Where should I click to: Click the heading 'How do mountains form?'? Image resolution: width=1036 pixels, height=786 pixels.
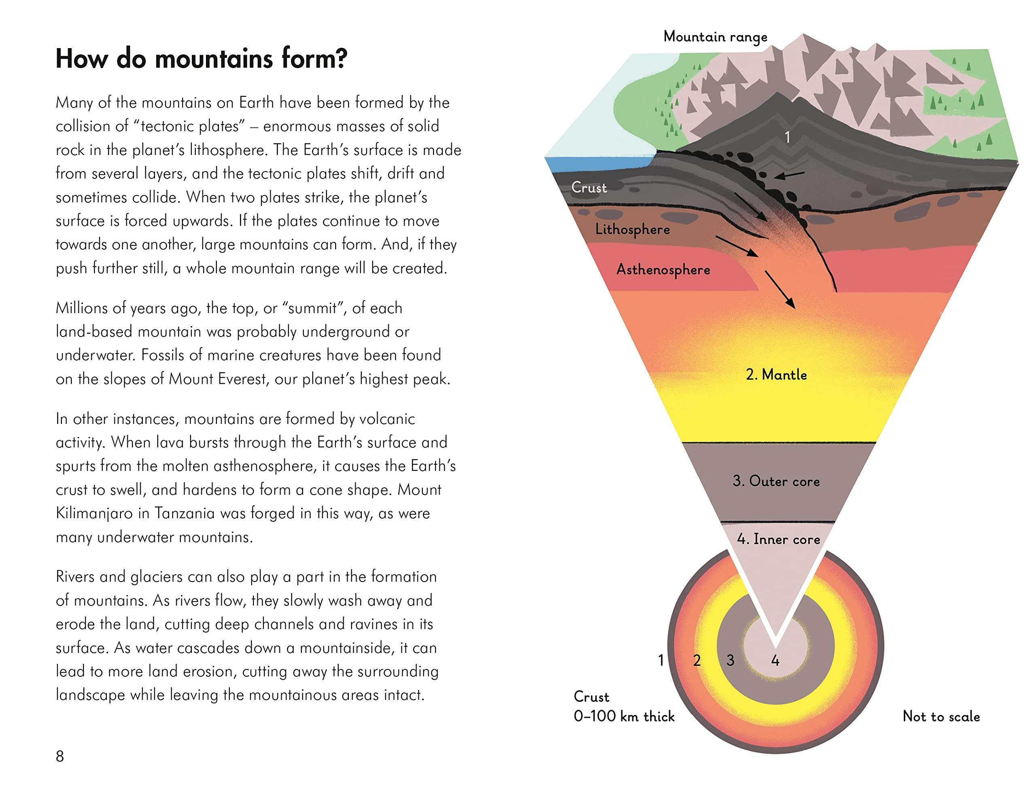pyautogui.click(x=202, y=59)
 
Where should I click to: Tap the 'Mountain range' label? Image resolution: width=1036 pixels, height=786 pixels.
pyautogui.click(x=715, y=36)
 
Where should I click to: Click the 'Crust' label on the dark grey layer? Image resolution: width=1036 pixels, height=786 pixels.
pyautogui.click(x=589, y=188)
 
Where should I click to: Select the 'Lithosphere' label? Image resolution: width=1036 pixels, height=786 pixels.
pyautogui.click(x=632, y=229)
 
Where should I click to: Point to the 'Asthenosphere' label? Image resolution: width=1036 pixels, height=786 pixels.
pyautogui.click(x=663, y=270)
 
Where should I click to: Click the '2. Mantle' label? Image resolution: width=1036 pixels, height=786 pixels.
pyautogui.click(x=776, y=375)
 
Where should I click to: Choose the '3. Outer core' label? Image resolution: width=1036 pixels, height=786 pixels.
pyautogui.click(x=776, y=481)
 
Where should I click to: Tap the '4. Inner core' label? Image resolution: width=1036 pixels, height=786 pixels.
pyautogui.click(x=778, y=539)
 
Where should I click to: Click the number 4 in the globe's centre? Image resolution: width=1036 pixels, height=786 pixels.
pyautogui.click(x=775, y=661)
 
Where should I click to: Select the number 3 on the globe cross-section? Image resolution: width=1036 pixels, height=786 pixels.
pyautogui.click(x=730, y=661)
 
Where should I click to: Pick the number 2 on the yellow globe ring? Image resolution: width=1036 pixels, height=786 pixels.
pyautogui.click(x=697, y=661)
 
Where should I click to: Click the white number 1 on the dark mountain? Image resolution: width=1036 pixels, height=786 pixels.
pyautogui.click(x=787, y=137)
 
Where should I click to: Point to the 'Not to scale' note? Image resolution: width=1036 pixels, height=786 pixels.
pyautogui.click(x=941, y=716)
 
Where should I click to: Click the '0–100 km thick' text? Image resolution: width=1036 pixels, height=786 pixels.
pyautogui.click(x=624, y=716)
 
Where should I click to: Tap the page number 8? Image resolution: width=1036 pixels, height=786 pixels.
pyautogui.click(x=60, y=756)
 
